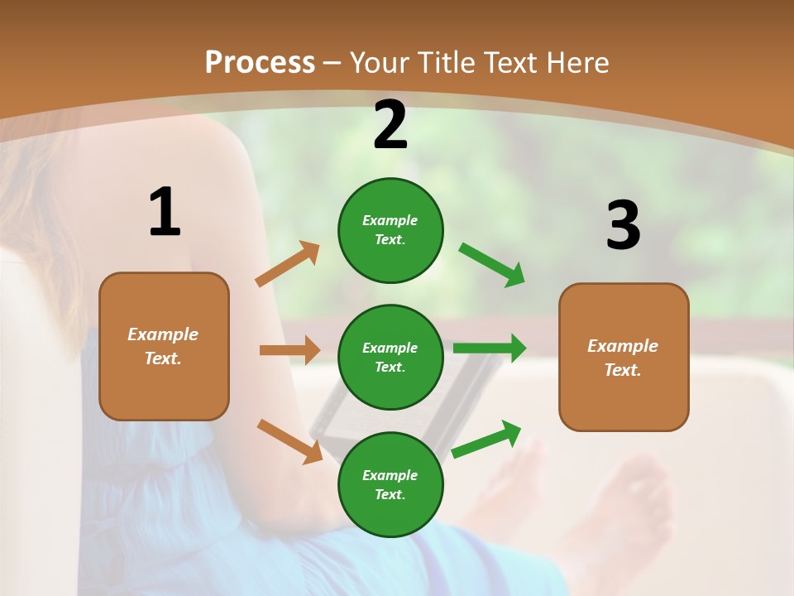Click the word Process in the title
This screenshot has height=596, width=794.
260,63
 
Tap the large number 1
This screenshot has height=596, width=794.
165,213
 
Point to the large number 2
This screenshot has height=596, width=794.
390,126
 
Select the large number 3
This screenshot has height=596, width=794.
623,226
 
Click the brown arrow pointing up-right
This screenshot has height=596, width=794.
288,264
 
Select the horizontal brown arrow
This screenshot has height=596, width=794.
289,350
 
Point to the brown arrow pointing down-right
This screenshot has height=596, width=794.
289,440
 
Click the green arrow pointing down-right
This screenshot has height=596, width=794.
491,265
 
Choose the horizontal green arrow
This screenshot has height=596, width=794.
489,348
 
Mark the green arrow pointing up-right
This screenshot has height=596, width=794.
486,439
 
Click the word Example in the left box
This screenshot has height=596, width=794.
163,334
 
